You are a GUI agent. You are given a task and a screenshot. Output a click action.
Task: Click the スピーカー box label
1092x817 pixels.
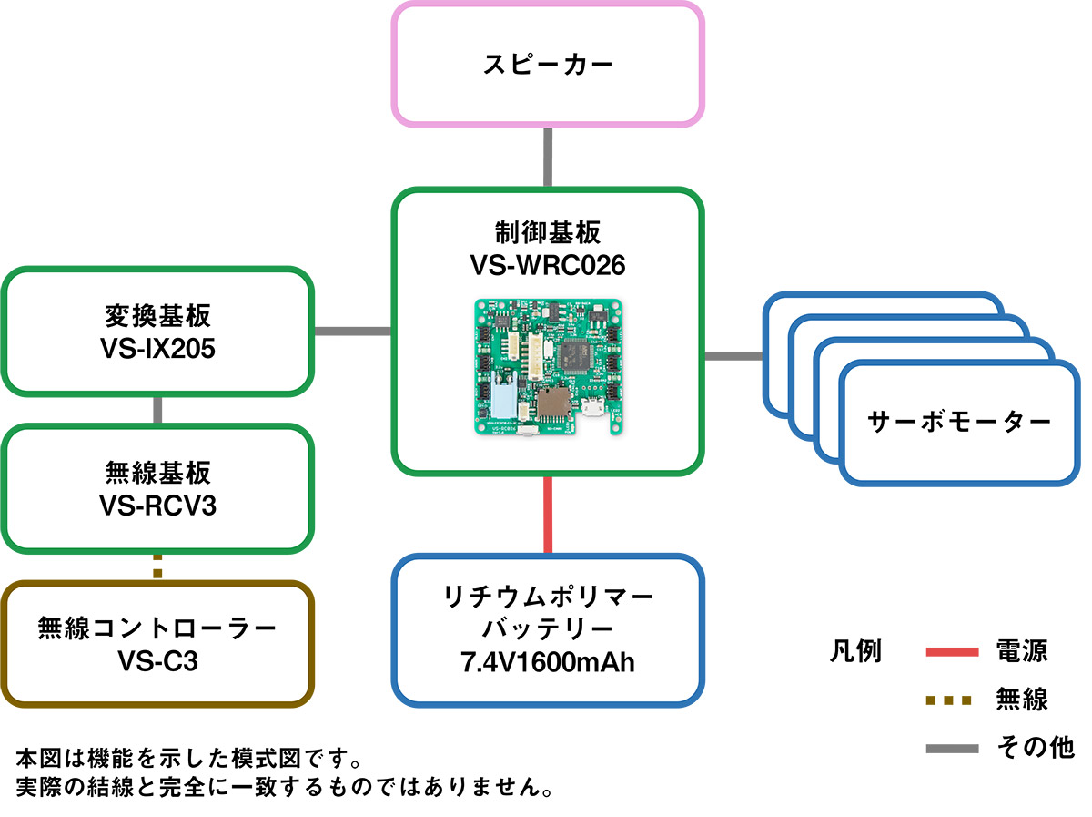[548, 65]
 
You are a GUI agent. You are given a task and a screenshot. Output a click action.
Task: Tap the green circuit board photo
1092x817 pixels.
[548, 367]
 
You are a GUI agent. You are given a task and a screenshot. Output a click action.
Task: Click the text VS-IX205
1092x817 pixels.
[158, 349]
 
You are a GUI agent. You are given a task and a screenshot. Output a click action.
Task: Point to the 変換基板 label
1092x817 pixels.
[158, 317]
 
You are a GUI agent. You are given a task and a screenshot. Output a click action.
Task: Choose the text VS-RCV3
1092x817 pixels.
[158, 506]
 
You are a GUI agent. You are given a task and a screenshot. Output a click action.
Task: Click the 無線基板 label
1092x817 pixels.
[158, 473]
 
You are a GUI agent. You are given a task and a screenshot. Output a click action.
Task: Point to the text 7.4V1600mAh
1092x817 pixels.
[548, 662]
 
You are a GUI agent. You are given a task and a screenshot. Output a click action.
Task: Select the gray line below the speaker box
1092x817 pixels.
[549, 156]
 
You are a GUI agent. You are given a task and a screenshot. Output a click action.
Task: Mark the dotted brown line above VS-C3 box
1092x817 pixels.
[158, 567]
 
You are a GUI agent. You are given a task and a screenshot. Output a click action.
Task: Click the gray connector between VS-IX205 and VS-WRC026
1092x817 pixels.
[353, 331]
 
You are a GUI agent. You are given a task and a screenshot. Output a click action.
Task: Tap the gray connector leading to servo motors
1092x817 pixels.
[733, 355]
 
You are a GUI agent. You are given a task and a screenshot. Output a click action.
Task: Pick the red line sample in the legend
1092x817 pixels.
[952, 652]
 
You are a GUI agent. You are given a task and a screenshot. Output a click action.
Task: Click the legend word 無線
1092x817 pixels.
[1022, 700]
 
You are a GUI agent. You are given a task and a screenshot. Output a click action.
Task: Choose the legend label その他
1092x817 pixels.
[1036, 748]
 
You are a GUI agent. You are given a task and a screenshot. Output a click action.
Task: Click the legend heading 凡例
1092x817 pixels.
[856, 652]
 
